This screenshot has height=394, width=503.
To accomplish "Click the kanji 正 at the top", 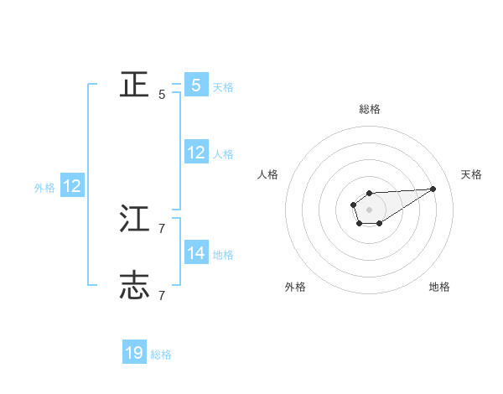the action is point(134,84).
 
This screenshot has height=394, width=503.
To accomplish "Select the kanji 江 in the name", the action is point(134,220).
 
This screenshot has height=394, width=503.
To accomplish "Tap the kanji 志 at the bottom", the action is point(134,285).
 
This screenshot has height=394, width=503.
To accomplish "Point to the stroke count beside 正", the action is point(162,95).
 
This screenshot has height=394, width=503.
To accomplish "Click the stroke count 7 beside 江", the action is point(162,228).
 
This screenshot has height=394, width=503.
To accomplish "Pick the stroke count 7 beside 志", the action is point(162,295).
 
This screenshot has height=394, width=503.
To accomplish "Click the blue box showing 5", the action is point(196,85).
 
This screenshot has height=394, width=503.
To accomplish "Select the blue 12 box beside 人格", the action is point(196,153).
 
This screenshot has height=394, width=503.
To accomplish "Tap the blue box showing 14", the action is point(196,252).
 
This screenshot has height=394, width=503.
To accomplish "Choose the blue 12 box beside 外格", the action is point(71,186).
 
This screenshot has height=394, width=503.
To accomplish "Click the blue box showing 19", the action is point(134,353).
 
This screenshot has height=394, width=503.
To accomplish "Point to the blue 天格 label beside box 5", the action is point(223,87).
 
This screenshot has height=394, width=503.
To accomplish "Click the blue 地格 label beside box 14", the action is point(223,255).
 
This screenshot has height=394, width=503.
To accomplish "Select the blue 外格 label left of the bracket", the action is point(44,189).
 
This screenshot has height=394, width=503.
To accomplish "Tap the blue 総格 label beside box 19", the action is point(161,355).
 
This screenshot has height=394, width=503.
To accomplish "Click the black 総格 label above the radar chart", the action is point(370,109).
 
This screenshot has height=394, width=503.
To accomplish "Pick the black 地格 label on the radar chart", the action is point(439,288).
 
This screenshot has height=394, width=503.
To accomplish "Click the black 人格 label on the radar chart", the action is point(268,174).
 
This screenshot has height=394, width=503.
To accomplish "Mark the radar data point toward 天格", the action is point(433,189).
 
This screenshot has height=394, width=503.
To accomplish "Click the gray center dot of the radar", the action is point(370,209).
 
